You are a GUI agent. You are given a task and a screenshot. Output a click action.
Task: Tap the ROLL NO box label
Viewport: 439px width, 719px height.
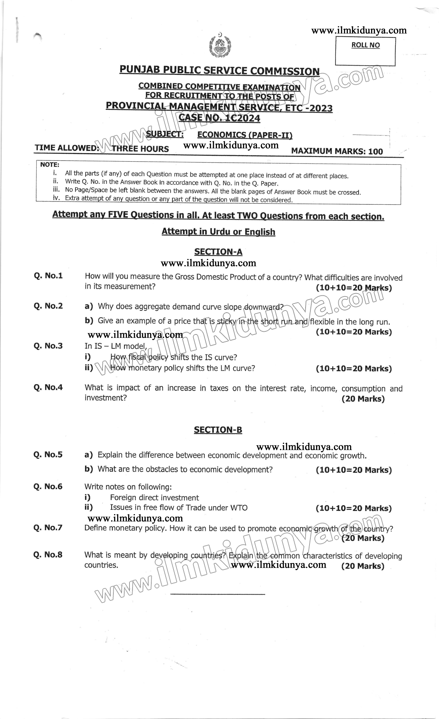365,45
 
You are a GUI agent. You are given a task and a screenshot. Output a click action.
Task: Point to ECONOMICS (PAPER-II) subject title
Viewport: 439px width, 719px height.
245,135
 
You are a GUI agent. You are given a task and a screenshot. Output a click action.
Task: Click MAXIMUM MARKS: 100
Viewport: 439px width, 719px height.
337,151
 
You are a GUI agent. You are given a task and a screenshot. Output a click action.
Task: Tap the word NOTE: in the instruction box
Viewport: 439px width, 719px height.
50,165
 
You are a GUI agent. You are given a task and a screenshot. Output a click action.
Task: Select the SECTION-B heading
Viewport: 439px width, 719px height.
218,430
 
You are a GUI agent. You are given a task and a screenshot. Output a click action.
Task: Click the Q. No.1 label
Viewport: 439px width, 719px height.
48,276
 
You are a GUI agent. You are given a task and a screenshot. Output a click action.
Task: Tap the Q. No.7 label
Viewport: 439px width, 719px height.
48,527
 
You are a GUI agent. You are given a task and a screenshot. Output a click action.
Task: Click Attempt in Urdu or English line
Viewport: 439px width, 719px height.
218,232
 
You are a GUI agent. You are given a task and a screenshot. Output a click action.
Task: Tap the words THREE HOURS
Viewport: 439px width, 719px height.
140,149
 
